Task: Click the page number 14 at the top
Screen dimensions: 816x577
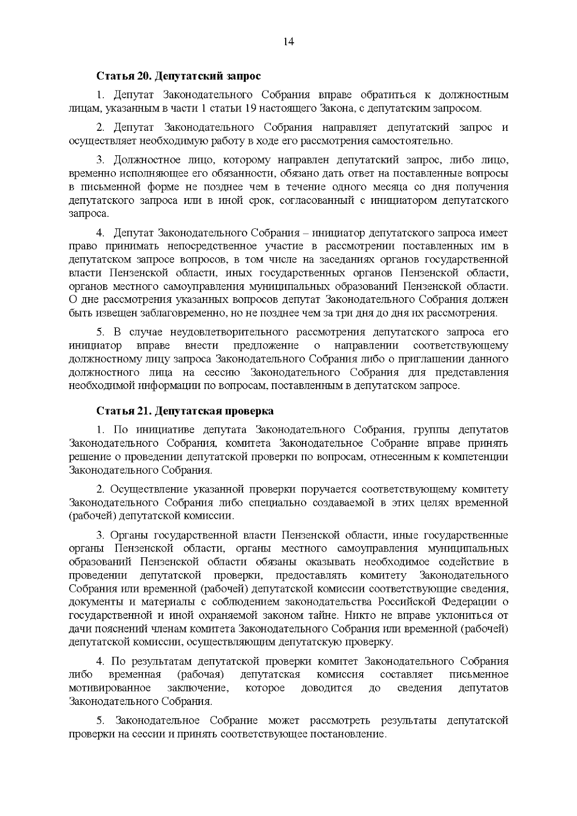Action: point(288,41)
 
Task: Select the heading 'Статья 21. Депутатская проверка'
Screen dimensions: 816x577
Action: point(185,411)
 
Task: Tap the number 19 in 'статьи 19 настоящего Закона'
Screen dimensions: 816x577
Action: point(250,108)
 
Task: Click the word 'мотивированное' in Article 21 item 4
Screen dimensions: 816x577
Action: point(110,688)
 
